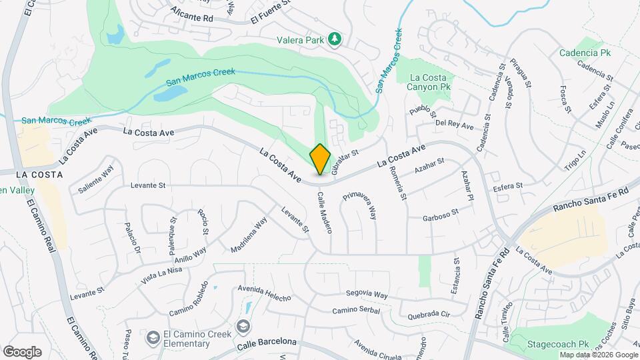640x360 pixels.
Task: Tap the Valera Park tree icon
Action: pyautogui.click(x=335, y=39)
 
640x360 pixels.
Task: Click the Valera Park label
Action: pyautogui.click(x=301, y=39)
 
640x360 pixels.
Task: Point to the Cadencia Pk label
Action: pyautogui.click(x=585, y=52)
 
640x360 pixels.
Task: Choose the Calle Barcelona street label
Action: pyautogui.click(x=267, y=342)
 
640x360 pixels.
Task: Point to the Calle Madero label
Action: pyautogui.click(x=325, y=213)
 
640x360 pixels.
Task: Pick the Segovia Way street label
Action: pyautogui.click(x=367, y=294)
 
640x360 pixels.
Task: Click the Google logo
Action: pyautogui.click(x=22, y=351)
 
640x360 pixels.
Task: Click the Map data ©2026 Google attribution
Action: pyautogui.click(x=598, y=355)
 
